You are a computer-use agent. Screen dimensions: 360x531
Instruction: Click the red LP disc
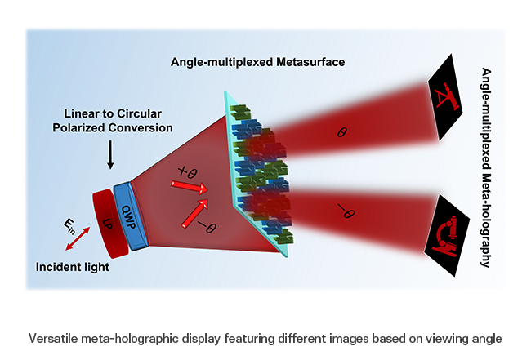[105, 220]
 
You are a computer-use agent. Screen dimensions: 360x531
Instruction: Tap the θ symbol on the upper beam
[341, 130]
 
